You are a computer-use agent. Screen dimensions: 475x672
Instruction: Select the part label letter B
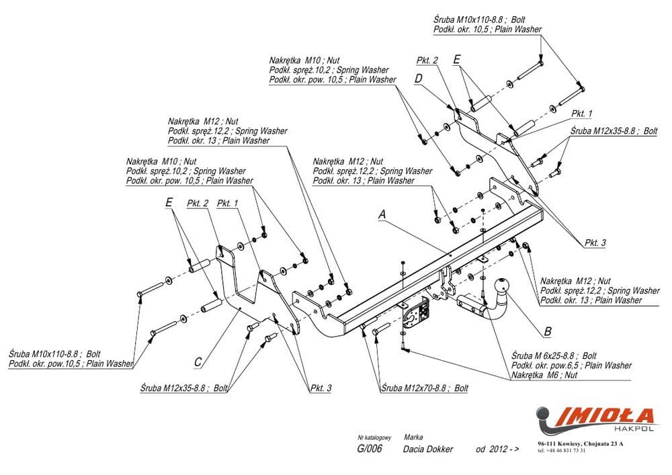click(548, 331)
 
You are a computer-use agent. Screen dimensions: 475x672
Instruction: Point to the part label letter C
click(198, 362)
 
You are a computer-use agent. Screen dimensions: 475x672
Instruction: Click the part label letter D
click(418, 79)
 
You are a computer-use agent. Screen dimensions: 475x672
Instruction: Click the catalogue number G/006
click(370, 449)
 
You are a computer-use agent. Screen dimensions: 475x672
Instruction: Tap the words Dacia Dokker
click(428, 449)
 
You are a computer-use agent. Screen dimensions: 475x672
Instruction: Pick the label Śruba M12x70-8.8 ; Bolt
click(423, 388)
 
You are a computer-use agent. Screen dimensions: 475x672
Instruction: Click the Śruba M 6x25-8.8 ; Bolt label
click(554, 355)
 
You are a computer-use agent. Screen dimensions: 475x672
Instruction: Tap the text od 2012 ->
click(497, 449)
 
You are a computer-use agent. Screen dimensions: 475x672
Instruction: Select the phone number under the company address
click(562, 451)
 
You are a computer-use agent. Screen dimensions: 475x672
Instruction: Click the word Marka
click(413, 437)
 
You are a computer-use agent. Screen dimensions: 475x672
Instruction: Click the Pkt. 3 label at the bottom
click(321, 388)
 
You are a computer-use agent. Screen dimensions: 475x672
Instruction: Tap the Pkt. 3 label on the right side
click(595, 242)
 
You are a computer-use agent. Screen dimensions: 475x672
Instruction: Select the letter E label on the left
click(169, 202)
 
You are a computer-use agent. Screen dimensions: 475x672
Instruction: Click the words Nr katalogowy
click(370, 437)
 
